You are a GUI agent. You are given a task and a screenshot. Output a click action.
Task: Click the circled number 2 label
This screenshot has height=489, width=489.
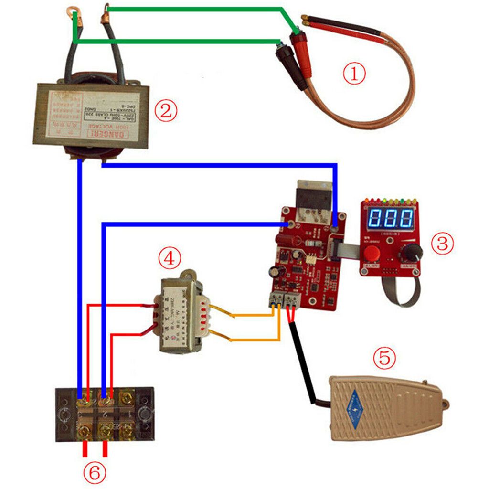[x=165, y=111]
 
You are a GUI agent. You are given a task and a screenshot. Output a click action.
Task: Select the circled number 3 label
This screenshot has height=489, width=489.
[x=442, y=243]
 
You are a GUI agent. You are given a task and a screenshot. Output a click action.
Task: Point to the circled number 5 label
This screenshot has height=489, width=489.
[x=385, y=358]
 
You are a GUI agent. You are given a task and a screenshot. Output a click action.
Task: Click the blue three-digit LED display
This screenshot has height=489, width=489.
[x=391, y=218]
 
